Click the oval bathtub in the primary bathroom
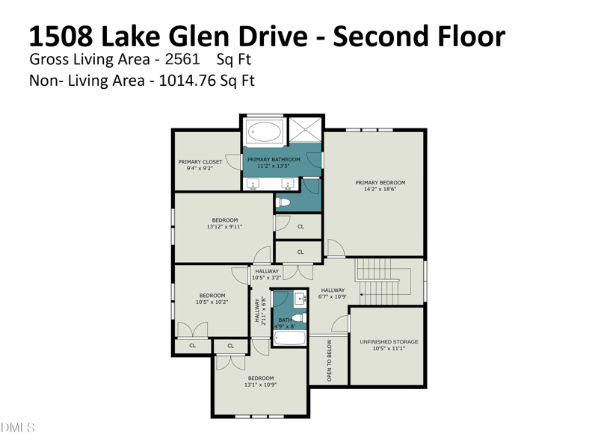pos(265,132)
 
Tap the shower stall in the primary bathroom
pos(306,130)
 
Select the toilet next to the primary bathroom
pos(283,202)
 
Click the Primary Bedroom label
pos(380,182)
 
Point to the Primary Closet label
pos(200,162)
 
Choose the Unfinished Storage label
pos(389,342)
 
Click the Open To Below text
pos(330,361)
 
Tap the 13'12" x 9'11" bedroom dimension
pos(225,227)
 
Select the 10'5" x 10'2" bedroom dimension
pos(212,302)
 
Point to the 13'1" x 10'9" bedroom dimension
pos(260,385)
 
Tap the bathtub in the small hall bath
pos(290,338)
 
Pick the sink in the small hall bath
pos(301,298)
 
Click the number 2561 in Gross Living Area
pos(182,59)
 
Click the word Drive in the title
pos(273,36)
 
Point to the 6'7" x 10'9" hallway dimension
pos(333,296)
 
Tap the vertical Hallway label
pos(257,310)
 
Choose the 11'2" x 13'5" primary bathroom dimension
pos(274,166)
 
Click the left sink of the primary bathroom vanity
pos(253,184)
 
